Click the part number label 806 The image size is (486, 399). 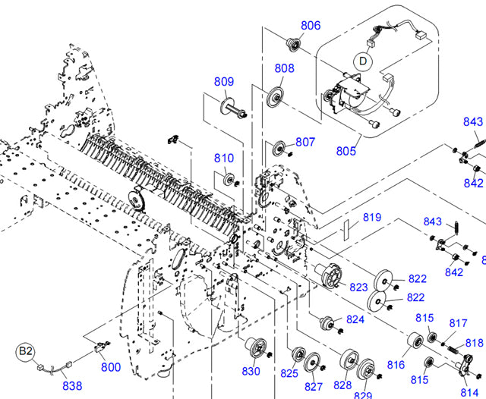coord(311,25)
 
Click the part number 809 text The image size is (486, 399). coord(223,82)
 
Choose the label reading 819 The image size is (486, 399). coord(371,218)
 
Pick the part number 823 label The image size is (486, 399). coord(358,287)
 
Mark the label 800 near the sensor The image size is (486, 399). coord(111,367)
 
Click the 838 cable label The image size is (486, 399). coord(71,385)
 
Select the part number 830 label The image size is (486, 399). coord(251,371)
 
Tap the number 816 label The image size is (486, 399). coord(396,365)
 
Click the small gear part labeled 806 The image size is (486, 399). coord(291,44)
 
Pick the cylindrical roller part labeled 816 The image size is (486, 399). coord(414,342)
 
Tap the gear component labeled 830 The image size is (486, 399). coord(252,347)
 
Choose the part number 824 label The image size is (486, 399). coord(355,319)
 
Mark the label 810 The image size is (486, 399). coord(224,159)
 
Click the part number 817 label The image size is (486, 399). coord(458,322)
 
